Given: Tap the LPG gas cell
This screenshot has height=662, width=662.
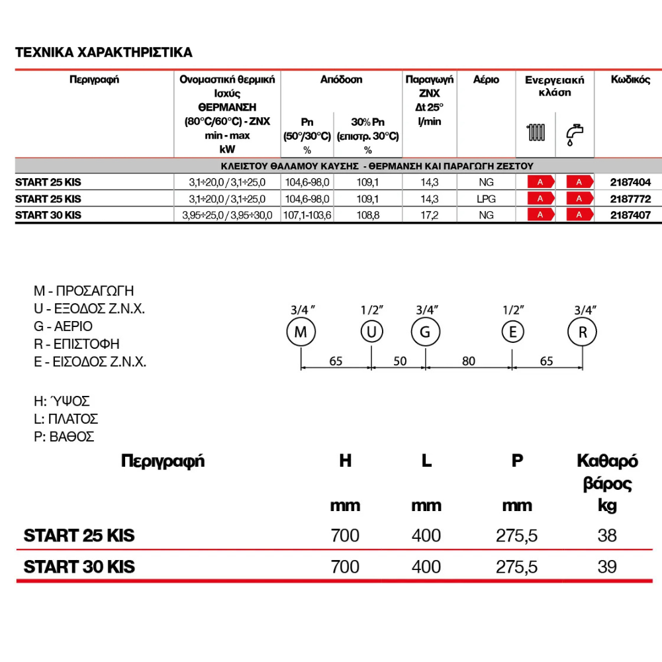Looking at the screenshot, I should tap(486, 199).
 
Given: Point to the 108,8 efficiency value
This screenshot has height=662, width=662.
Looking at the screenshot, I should tap(367, 215).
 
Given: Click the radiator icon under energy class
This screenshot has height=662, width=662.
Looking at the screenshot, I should tap(536, 132).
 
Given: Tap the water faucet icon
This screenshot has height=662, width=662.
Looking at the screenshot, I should tap(575, 134).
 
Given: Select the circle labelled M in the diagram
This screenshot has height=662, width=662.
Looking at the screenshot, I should tap(301, 332).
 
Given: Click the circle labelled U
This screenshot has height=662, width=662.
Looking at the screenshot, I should tap(371, 332).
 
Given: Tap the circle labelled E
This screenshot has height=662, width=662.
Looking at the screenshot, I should tap(512, 332).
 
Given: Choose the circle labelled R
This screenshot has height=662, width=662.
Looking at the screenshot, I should tap(583, 332).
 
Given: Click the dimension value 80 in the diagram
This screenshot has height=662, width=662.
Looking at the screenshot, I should tap(469, 361).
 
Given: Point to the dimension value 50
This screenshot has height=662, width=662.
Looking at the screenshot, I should tap(400, 361).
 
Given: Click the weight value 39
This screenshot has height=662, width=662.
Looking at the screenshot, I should tap(606, 567).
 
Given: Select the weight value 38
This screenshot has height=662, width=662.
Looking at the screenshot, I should tap(606, 535).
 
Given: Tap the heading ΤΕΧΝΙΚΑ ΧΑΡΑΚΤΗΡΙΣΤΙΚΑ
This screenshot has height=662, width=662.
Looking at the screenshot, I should tap(104, 52).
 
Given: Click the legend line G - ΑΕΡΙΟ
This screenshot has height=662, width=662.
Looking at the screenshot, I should tap(63, 326).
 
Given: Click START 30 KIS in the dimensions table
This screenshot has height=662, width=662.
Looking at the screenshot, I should tap(79, 567).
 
